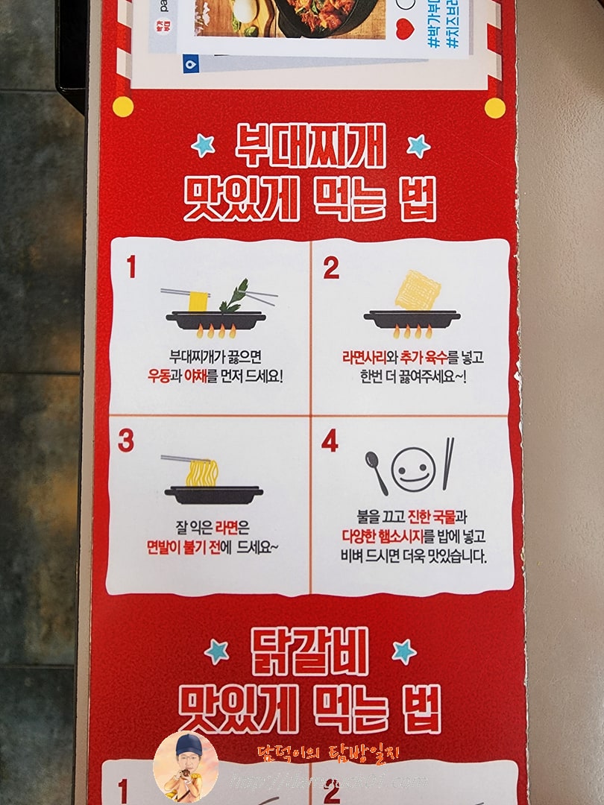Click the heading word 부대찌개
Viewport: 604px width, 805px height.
pos(310,147)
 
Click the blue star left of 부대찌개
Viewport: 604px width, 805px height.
pos(203,145)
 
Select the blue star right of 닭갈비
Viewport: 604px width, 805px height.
pos(403,651)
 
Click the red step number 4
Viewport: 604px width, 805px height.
pos(330,442)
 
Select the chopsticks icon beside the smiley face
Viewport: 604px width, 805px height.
pos(447,464)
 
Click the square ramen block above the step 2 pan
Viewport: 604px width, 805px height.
pos(417,291)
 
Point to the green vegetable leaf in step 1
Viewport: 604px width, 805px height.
pos(234,296)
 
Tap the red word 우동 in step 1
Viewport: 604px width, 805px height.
pos(160,375)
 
